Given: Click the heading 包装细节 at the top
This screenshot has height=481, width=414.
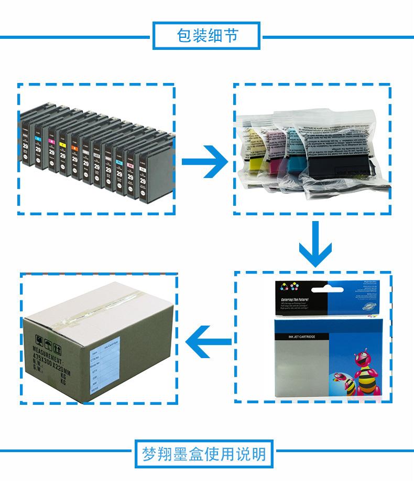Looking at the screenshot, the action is point(207,36).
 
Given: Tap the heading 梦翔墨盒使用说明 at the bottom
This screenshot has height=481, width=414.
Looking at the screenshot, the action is point(207,453).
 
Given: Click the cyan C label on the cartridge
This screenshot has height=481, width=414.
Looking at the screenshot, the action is point(38,138).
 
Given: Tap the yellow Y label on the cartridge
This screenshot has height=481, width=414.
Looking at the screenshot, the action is point(63,144).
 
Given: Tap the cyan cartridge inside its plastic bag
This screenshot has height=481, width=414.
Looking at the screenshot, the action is point(291,158).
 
